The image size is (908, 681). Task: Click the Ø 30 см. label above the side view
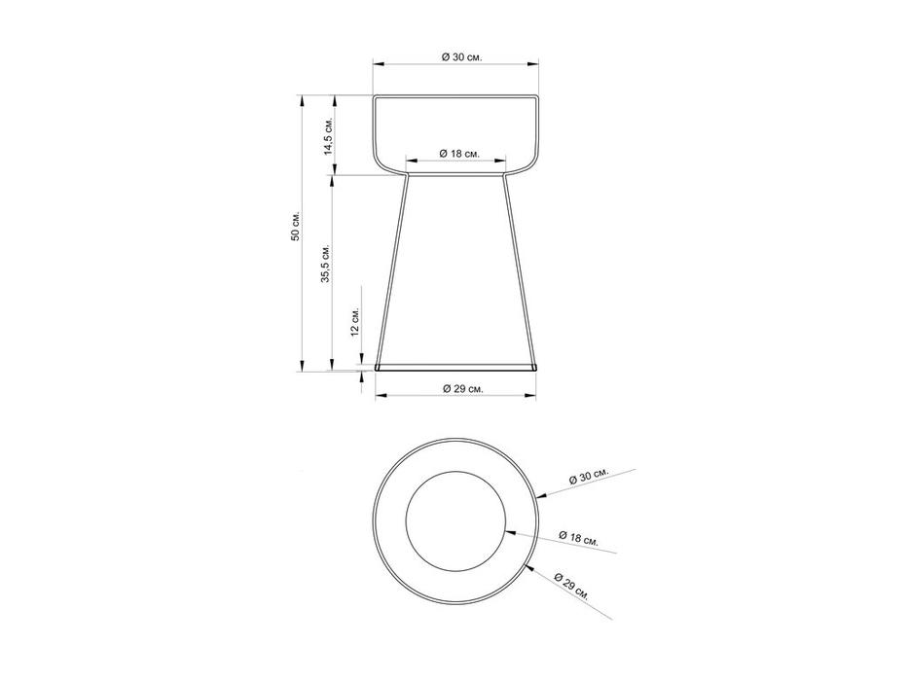[x=461, y=56]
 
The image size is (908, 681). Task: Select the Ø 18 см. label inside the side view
[x=459, y=154]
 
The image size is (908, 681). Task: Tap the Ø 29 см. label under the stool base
[x=462, y=388]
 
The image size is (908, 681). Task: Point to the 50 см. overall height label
[x=295, y=226]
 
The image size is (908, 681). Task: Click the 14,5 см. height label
[x=328, y=137]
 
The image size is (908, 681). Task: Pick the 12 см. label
[x=355, y=321]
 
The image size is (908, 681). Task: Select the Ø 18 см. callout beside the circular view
[x=578, y=537]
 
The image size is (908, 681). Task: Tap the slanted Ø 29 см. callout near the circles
[x=571, y=586]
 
